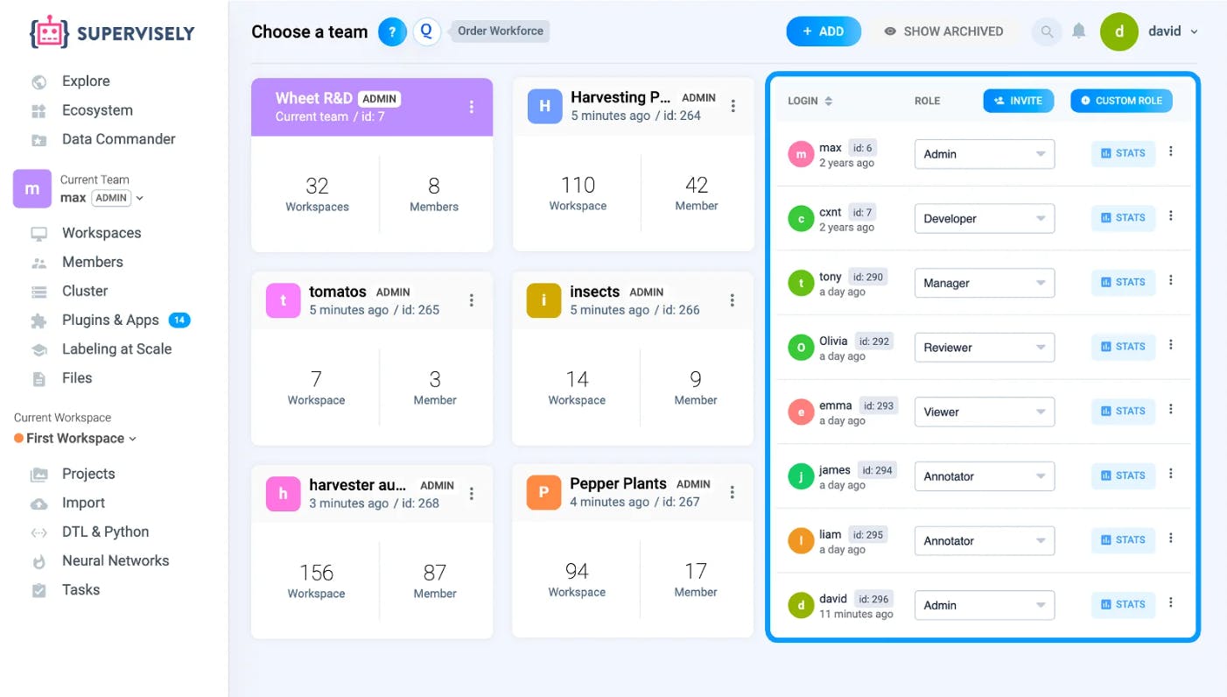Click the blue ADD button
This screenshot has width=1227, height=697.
pyautogui.click(x=824, y=32)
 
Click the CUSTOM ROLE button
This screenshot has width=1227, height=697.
pyautogui.click(x=1121, y=101)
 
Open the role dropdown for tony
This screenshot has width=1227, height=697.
pyautogui.click(x=985, y=283)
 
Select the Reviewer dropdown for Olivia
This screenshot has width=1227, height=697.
pyautogui.click(x=985, y=348)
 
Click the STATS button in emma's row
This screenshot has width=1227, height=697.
pyautogui.click(x=1123, y=411)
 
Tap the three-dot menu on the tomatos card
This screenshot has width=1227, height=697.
pyautogui.click(x=471, y=300)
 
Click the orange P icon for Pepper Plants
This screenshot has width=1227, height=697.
pyautogui.click(x=543, y=492)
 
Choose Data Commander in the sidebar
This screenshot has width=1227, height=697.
pyautogui.click(x=118, y=139)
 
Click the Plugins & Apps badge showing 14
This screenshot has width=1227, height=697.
pyautogui.click(x=179, y=320)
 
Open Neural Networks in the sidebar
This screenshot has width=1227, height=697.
pyautogui.click(x=115, y=560)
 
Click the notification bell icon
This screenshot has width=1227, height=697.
pyautogui.click(x=1078, y=31)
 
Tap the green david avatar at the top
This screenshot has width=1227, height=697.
pyautogui.click(x=1119, y=32)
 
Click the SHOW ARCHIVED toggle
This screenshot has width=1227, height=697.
pyautogui.click(x=943, y=32)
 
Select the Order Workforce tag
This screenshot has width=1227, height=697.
pyautogui.click(x=500, y=31)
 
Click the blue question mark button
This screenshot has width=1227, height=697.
pyautogui.click(x=392, y=32)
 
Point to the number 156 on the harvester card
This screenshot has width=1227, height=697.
pyautogui.click(x=316, y=573)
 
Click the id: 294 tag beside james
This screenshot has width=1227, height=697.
pyautogui.click(x=877, y=470)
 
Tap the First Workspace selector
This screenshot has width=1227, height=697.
pyautogui.click(x=75, y=439)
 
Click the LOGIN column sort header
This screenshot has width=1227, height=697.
pyautogui.click(x=810, y=101)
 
